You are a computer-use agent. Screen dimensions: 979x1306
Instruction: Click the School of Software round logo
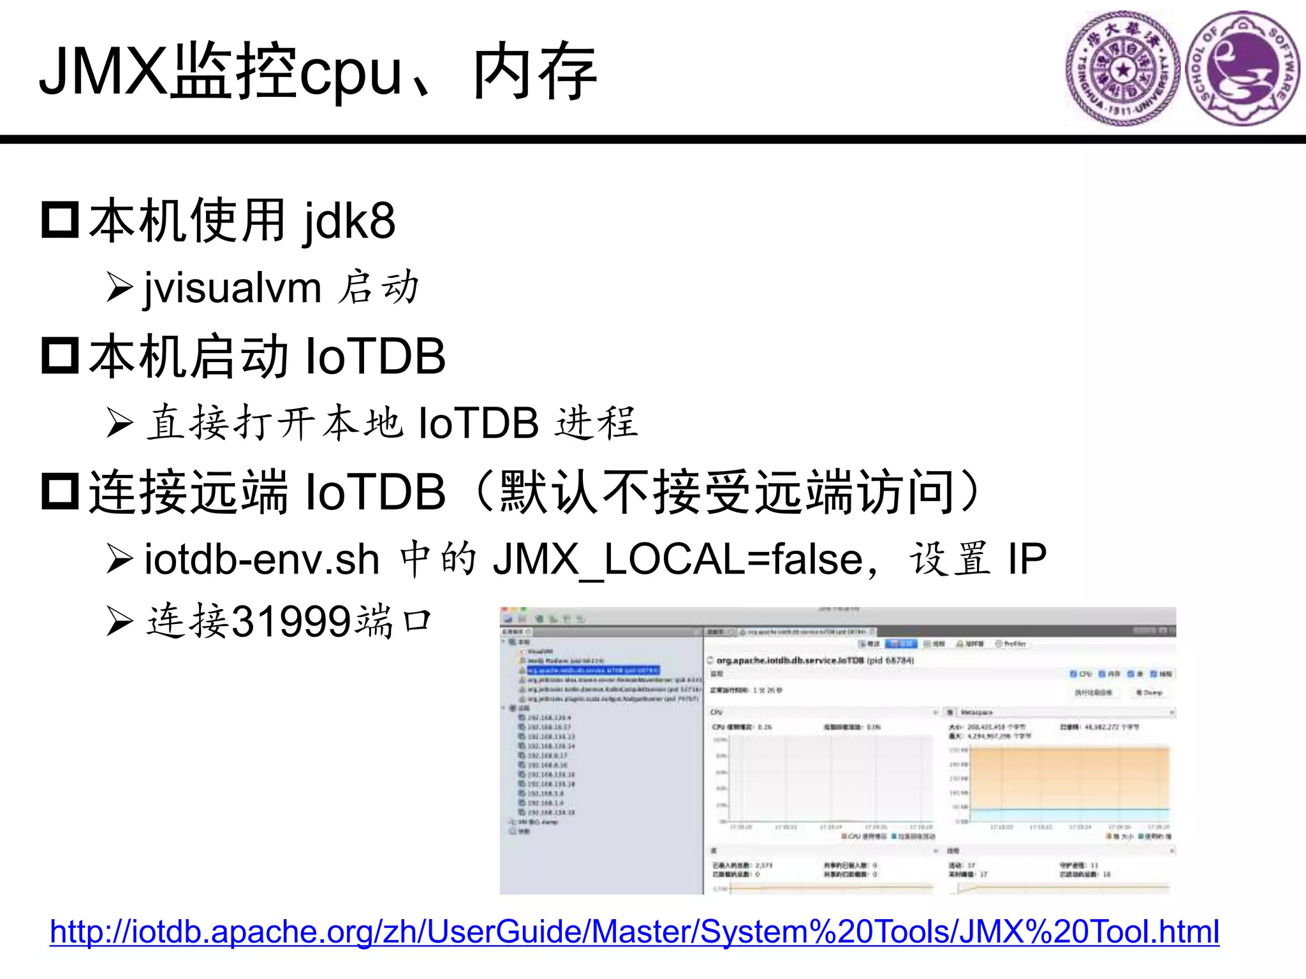[1243, 68]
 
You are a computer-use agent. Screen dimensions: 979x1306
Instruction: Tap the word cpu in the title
[350, 75]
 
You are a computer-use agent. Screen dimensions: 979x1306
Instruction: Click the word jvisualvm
[233, 288]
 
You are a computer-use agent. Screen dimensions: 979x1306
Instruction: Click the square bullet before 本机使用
[60, 220]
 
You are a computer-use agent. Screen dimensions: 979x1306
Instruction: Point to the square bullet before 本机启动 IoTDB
[60, 356]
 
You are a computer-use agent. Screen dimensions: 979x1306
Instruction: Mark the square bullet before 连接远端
[60, 491]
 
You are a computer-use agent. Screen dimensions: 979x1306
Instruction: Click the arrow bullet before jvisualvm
[119, 287]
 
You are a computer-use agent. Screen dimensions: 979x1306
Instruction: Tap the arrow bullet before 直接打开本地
[119, 423]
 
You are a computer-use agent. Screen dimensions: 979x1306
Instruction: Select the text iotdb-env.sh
[262, 560]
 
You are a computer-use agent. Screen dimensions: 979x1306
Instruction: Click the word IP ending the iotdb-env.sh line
[1027, 560]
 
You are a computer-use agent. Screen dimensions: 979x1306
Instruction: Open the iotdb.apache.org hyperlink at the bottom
[635, 932]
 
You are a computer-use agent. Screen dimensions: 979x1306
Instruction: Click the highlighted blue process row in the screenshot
[593, 671]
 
